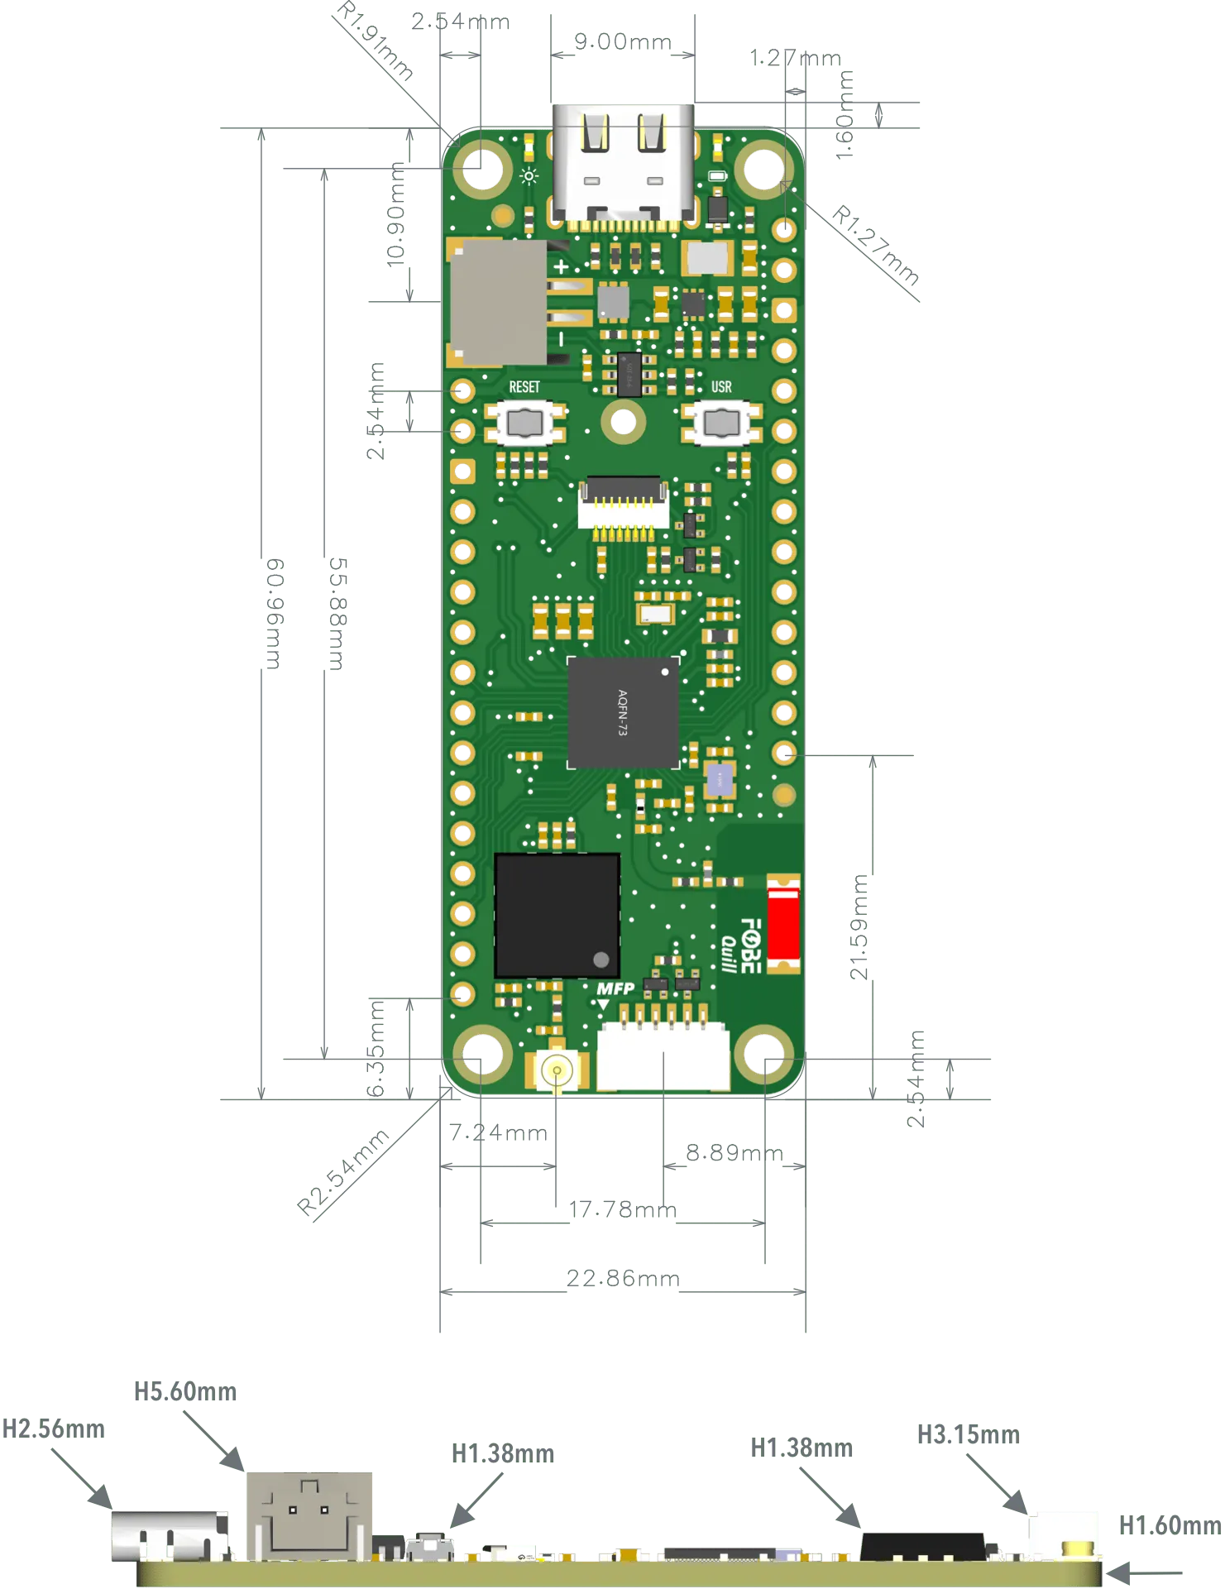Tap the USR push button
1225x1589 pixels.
[721, 423]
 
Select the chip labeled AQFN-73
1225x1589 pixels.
[623, 712]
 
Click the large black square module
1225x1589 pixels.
[557, 915]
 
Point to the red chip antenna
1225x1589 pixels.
[782, 924]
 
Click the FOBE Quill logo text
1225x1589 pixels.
[741, 945]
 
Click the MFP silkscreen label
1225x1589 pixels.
[615, 988]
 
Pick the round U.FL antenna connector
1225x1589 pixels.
[557, 1070]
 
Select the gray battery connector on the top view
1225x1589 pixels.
[498, 303]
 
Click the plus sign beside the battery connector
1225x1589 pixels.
[561, 266]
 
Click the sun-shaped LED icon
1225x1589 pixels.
[529, 175]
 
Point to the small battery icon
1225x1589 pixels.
[718, 176]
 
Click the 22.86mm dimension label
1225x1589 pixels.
[622, 1279]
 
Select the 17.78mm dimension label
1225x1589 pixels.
[622, 1209]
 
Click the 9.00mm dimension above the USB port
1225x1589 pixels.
[622, 41]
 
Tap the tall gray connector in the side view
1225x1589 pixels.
[309, 1515]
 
